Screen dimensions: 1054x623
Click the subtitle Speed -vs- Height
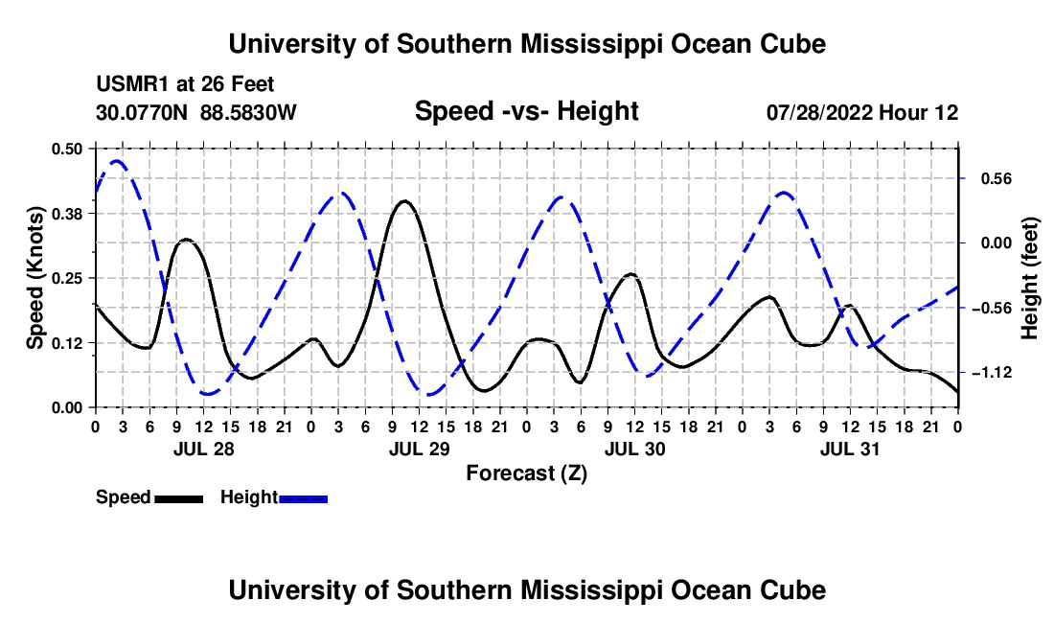click(x=526, y=111)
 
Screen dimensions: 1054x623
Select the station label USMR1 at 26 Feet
click(x=185, y=84)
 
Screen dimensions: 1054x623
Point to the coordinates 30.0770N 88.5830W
click(x=196, y=112)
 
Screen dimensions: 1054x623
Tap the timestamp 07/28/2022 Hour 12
click(x=862, y=112)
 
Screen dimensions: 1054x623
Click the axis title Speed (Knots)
click(x=34, y=278)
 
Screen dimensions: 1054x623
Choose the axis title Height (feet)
click(x=1029, y=278)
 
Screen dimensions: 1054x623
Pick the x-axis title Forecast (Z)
click(x=526, y=473)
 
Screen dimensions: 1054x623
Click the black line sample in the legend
click(x=179, y=498)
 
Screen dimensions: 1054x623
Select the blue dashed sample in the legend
click(x=303, y=498)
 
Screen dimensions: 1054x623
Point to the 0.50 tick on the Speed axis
click(x=67, y=149)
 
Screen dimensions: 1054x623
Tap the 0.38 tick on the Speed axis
click(x=67, y=214)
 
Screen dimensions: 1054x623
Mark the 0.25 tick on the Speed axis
click(x=67, y=278)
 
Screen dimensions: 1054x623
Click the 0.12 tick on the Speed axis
click(x=67, y=343)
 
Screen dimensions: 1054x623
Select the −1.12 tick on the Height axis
click(x=992, y=372)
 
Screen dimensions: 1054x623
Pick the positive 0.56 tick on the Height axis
click(x=997, y=179)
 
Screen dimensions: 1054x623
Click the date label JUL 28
click(x=204, y=449)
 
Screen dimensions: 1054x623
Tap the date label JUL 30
click(x=634, y=449)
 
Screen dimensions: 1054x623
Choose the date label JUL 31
click(x=850, y=449)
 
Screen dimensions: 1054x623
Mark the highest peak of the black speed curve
click(x=404, y=200)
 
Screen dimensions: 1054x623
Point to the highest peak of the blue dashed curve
click(x=117, y=161)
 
